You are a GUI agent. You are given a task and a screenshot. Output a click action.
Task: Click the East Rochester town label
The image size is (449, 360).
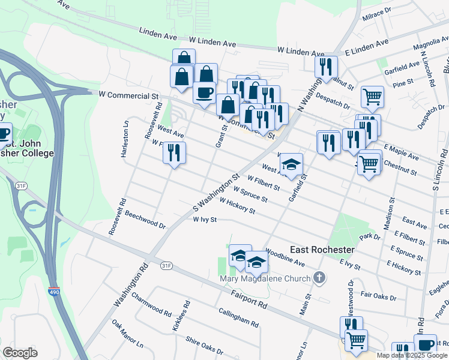tap(322, 250)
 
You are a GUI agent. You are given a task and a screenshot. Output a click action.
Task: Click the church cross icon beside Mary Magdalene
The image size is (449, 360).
tap(320, 278)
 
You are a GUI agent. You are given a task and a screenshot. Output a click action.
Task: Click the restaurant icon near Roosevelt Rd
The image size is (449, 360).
tap(174, 152)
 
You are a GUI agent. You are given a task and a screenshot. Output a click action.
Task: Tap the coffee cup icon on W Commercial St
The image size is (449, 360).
tap(204, 92)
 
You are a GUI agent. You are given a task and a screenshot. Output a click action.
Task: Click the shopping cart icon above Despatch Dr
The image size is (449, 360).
tap(372, 96)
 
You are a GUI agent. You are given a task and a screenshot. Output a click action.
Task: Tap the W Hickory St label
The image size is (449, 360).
tap(238, 206)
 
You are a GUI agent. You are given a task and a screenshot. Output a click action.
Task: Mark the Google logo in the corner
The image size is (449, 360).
tap(20, 353)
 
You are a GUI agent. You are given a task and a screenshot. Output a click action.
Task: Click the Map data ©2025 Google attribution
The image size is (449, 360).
tap(412, 355)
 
